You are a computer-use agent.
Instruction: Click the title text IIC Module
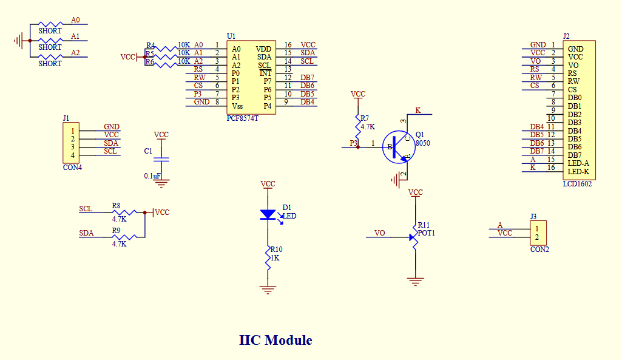tap(276, 340)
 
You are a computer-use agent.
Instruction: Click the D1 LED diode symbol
tap(268, 214)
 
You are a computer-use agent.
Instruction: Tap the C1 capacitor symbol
tap(161, 159)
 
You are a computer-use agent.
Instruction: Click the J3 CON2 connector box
tap(537, 233)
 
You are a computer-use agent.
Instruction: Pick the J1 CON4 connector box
tap(72, 143)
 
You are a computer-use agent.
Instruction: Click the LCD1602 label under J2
tap(577, 184)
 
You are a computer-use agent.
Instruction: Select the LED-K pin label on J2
tap(578, 172)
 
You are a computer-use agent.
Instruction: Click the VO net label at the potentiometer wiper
tap(380, 233)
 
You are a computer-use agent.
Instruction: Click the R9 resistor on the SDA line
tap(126, 237)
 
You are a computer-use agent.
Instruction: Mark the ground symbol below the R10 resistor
tap(268, 290)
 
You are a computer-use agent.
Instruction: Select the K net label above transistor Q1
tap(417, 110)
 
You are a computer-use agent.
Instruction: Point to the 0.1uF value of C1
tap(152, 175)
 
